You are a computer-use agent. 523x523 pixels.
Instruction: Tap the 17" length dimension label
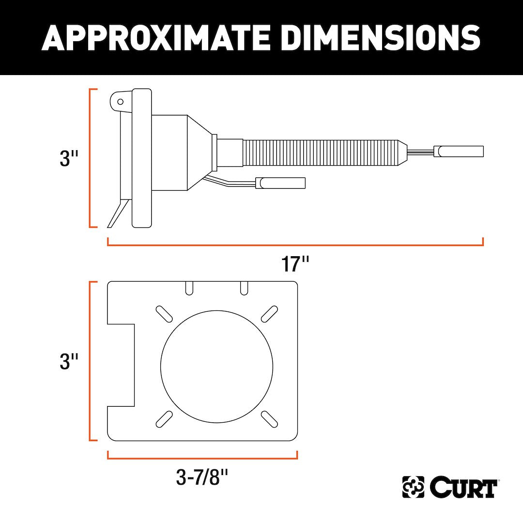coord(295,264)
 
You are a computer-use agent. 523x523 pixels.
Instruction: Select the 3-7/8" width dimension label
coord(202,478)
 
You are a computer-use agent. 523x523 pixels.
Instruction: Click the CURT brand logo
coord(450,487)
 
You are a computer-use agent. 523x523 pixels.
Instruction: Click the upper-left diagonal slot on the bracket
coord(164,313)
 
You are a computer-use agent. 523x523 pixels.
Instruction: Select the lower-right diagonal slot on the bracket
coord(269,418)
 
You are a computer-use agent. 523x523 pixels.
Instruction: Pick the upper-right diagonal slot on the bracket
coord(269,313)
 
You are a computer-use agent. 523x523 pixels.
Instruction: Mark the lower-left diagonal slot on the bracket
coord(164,418)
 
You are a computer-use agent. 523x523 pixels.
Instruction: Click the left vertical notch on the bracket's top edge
coord(189,288)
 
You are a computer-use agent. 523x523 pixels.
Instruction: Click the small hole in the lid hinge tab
coord(121,102)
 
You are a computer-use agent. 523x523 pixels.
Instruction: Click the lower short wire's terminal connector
coord(280,183)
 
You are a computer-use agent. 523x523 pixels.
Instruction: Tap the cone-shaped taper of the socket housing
coord(199,153)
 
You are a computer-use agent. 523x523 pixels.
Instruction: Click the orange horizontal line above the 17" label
coord(295,245)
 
